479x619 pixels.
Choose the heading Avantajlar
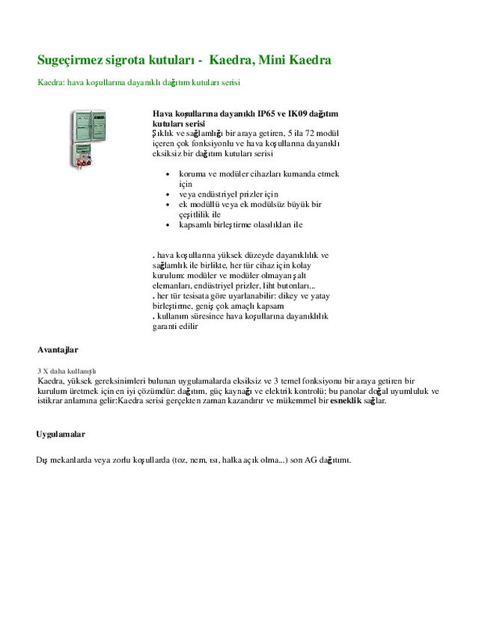pos(58,349)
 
